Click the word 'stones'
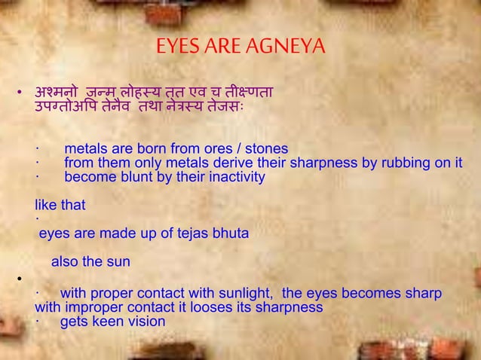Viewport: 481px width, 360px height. tap(265, 148)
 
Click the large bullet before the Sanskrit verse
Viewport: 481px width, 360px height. tap(23, 94)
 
